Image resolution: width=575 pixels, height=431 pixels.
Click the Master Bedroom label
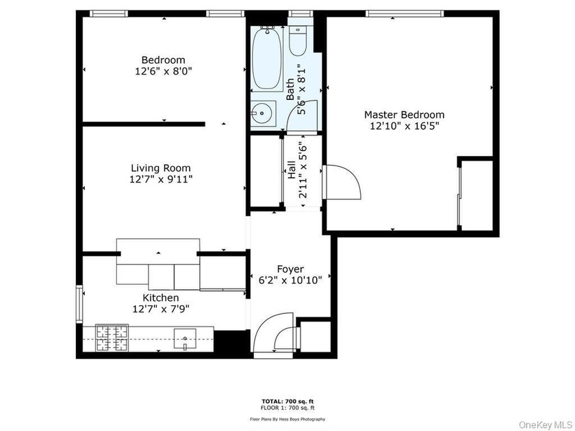[404, 115]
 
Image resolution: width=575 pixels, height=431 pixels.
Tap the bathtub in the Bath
[266, 58]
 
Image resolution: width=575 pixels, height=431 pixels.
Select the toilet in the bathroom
[297, 40]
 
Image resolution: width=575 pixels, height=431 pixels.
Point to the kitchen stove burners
[112, 338]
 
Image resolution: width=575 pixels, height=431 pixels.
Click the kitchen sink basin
[185, 339]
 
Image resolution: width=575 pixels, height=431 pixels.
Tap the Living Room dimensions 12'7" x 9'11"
[161, 179]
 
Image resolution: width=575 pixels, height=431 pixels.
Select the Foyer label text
[290, 270]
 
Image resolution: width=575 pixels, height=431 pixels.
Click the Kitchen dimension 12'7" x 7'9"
[161, 309]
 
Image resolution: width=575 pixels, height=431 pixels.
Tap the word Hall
[292, 170]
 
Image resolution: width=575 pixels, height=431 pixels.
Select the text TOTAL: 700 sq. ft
[287, 402]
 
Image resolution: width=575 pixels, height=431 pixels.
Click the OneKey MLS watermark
[546, 425]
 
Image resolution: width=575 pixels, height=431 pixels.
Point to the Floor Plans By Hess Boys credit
[287, 419]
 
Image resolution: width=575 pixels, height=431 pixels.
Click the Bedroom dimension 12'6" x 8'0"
[164, 71]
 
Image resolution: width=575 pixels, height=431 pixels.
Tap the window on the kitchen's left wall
[79, 304]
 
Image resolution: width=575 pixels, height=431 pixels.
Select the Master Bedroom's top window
[405, 14]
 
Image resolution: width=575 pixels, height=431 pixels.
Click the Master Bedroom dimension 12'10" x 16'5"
[404, 126]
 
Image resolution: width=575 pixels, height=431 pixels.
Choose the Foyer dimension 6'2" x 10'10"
[290, 280]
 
